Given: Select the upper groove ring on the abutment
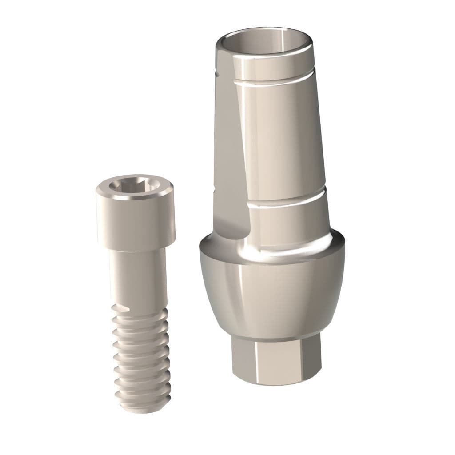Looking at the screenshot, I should pyautogui.click(x=275, y=82).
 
